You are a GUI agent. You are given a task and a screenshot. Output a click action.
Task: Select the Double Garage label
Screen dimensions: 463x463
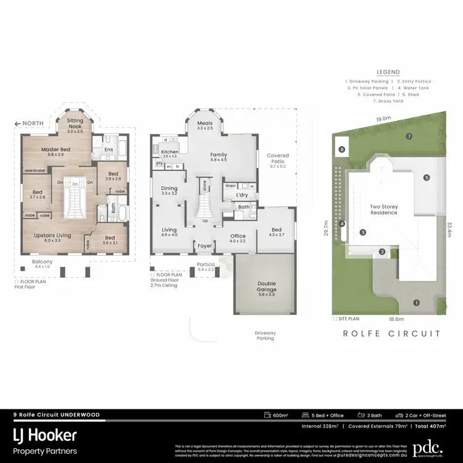pyautogui.click(x=267, y=286)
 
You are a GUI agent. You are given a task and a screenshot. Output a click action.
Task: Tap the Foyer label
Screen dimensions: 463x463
pyautogui.click(x=204, y=246)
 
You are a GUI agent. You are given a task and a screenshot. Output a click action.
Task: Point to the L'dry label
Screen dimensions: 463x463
pyautogui.click(x=243, y=195)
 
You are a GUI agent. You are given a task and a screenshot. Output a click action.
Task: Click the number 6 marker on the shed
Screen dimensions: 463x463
pyautogui.click(x=341, y=149)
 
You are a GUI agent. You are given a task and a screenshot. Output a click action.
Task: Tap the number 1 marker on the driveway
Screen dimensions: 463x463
pyautogui.click(x=416, y=302)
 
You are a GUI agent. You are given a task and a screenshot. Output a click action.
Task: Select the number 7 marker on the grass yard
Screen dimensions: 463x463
pyautogui.click(x=408, y=136)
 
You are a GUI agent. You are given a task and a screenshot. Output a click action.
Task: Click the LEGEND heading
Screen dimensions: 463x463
pyautogui.click(x=387, y=72)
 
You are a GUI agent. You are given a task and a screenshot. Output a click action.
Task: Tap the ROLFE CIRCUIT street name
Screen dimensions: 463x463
pyautogui.click(x=392, y=333)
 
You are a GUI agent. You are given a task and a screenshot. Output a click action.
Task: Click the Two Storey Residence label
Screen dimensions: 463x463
pyautogui.click(x=383, y=209)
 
